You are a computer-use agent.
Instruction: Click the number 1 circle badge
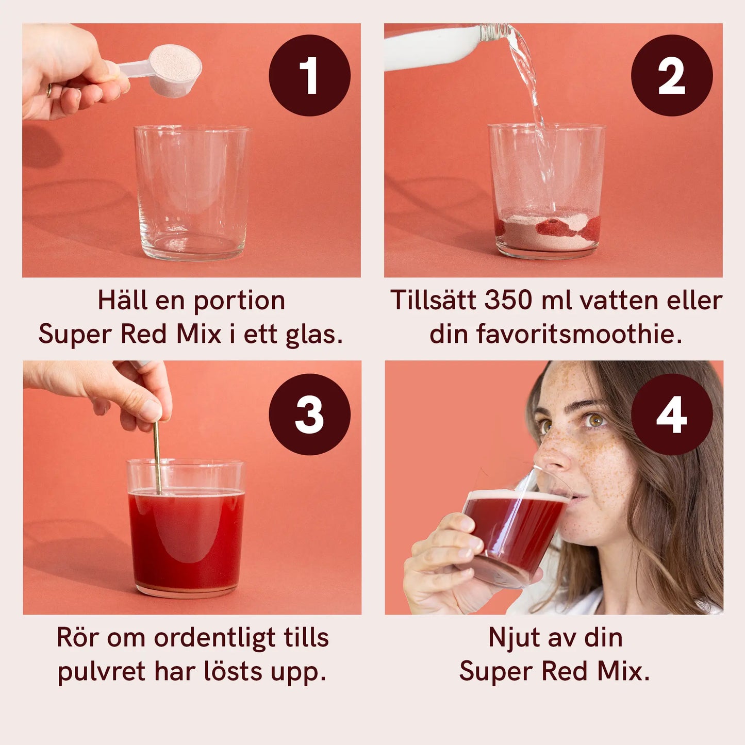click(x=310, y=75)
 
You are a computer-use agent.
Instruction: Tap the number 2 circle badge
click(x=672, y=75)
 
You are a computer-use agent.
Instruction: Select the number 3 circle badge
click(x=310, y=414)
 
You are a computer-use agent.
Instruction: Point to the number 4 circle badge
click(x=672, y=414)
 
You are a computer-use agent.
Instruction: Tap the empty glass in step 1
click(x=192, y=192)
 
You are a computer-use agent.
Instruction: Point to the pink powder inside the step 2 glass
click(x=548, y=230)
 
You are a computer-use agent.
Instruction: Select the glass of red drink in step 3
click(x=186, y=528)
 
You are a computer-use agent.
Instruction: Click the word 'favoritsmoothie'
click(x=578, y=334)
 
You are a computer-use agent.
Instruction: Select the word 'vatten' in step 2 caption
click(x=616, y=301)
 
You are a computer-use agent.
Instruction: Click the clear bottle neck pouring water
click(x=494, y=32)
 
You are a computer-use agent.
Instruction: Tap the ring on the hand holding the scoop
click(x=49, y=90)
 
